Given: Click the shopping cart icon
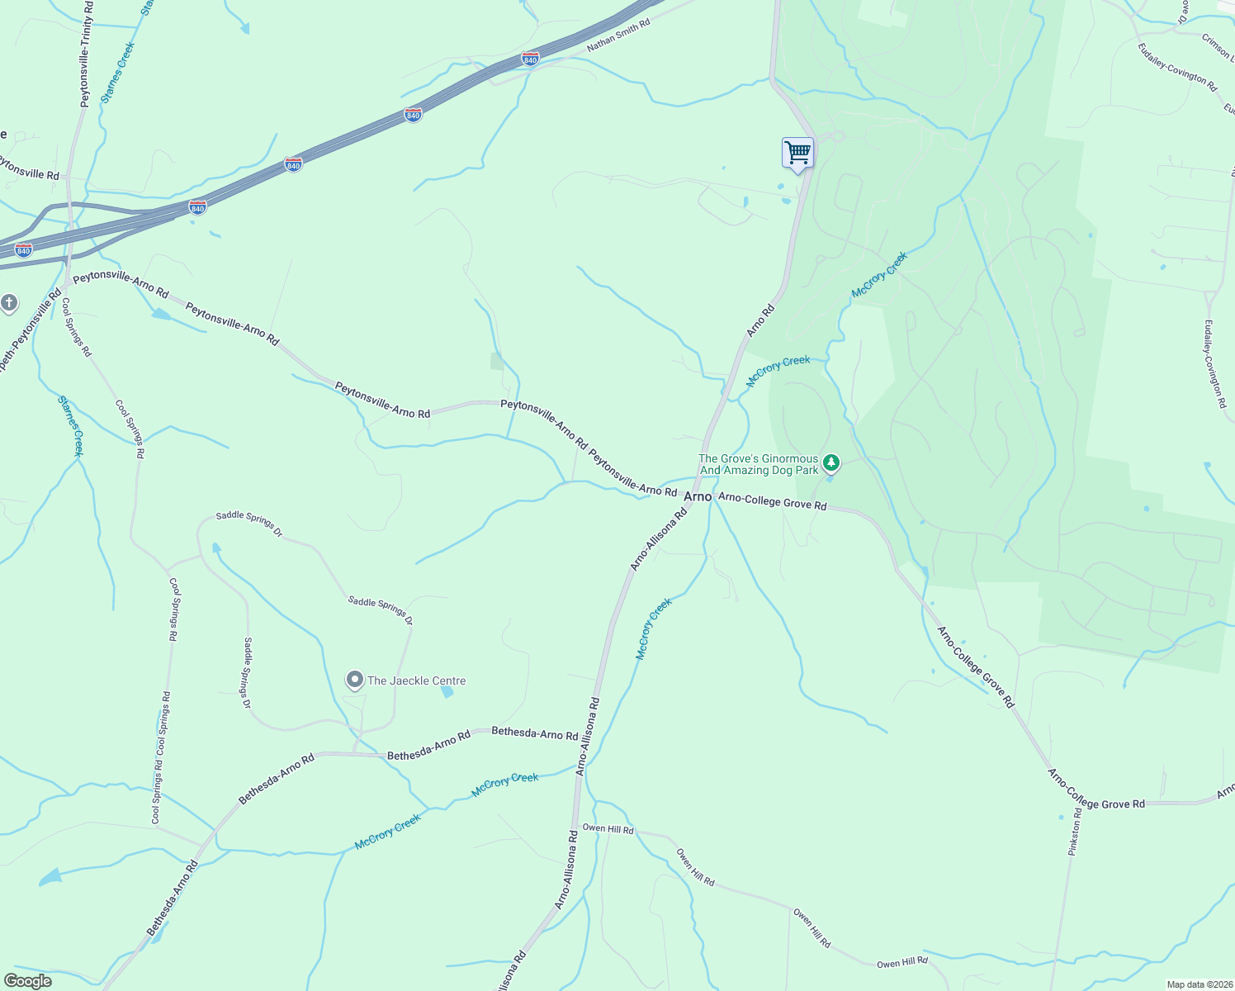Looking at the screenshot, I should (x=797, y=153).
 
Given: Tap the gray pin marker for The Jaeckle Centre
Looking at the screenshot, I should (x=354, y=680).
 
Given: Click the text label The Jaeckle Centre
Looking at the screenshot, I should (x=417, y=680).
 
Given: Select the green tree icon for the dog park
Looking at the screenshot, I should (x=831, y=462).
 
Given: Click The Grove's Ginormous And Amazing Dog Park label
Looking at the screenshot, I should (x=759, y=464).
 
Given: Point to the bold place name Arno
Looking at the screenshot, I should (x=698, y=496).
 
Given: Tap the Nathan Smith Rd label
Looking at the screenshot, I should (x=618, y=36).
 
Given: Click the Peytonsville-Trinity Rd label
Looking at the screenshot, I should (x=86, y=54).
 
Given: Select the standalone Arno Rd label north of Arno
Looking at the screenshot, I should (x=760, y=320).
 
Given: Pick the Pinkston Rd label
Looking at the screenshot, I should (x=1075, y=831).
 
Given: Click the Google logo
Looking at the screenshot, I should (x=28, y=981).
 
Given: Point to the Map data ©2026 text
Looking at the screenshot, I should (x=1199, y=984).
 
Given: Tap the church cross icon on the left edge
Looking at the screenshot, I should (x=9, y=303).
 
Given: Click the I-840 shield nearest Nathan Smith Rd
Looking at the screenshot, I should (x=531, y=59).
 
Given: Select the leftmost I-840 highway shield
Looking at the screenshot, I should (x=24, y=250).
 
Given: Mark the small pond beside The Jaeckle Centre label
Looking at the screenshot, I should (x=447, y=692).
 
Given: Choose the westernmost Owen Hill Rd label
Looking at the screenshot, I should (x=608, y=828).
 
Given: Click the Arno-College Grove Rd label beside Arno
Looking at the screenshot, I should (x=772, y=500).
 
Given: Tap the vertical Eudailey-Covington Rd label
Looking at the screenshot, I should (x=1214, y=363).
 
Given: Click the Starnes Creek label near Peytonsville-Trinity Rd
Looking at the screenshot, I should (x=117, y=73).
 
